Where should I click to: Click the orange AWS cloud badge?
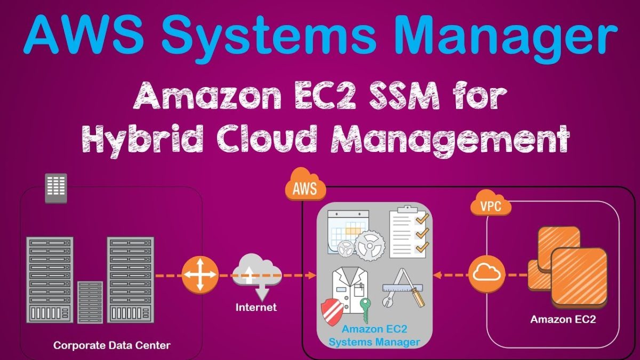click(x=306, y=185)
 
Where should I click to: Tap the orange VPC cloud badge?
click(x=491, y=203)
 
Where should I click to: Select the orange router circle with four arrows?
click(x=200, y=275)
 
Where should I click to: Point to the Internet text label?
click(x=256, y=307)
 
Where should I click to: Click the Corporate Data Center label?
click(x=111, y=346)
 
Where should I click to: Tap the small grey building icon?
click(x=56, y=188)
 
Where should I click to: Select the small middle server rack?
click(x=90, y=302)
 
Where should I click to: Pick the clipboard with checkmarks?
click(x=409, y=231)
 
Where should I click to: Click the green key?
click(x=365, y=310)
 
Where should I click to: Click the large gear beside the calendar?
click(x=370, y=246)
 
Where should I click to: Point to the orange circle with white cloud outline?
click(x=486, y=275)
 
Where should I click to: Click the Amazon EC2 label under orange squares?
click(x=563, y=319)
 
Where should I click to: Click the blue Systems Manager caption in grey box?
click(x=374, y=342)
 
